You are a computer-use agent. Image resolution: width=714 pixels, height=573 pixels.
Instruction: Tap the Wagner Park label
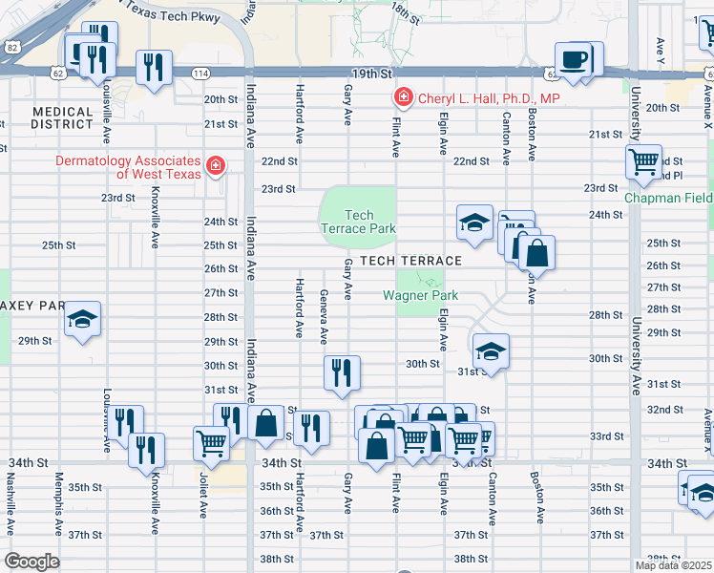(x=421, y=295)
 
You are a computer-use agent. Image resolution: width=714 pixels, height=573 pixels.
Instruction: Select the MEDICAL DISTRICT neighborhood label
(x=62, y=118)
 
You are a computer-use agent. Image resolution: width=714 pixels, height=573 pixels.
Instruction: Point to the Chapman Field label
(x=669, y=199)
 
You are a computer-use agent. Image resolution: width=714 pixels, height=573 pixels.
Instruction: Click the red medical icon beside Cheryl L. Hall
(x=403, y=98)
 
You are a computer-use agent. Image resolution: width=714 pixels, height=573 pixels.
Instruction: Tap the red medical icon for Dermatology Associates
(x=216, y=167)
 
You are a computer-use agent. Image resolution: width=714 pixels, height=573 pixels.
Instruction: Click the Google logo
(x=31, y=562)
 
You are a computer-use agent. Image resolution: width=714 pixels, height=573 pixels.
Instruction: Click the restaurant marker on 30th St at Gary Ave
(x=342, y=371)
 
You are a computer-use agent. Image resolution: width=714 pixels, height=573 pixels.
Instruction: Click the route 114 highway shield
(x=199, y=74)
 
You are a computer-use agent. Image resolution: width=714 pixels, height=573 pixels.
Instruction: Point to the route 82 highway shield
(x=10, y=47)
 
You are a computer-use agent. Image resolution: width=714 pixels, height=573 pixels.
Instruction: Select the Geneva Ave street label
(x=324, y=317)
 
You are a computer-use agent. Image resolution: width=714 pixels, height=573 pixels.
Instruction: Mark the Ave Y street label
(x=661, y=47)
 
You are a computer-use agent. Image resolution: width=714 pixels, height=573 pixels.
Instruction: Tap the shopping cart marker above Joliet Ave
(x=210, y=440)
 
